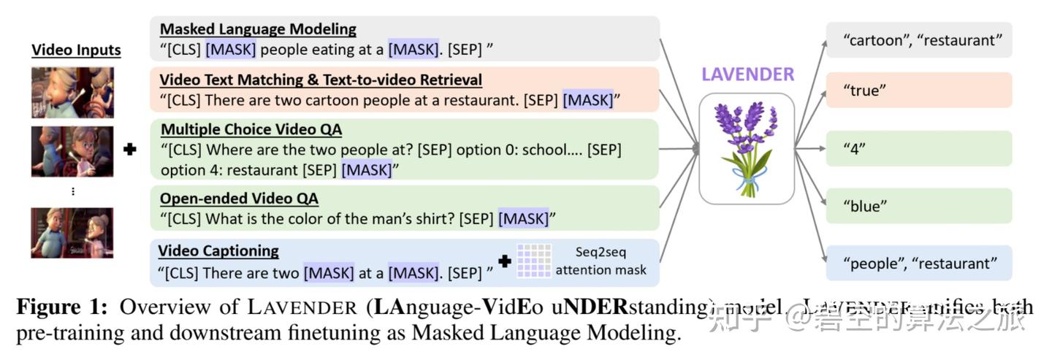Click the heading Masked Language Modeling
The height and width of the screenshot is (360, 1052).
click(258, 29)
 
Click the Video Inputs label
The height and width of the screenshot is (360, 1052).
click(76, 50)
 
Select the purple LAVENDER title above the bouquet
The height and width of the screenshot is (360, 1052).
click(747, 74)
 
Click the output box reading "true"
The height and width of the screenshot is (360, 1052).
click(918, 91)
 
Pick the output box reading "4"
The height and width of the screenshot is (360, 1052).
click(918, 148)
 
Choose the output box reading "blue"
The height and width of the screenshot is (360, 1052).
click(918, 206)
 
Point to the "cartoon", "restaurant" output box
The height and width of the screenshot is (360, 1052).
click(918, 40)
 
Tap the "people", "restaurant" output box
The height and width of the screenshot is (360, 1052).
click(918, 264)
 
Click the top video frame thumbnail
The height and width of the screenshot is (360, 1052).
click(72, 93)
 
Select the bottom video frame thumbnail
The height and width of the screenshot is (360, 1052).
click(72, 233)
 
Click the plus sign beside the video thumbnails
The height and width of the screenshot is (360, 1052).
click(131, 150)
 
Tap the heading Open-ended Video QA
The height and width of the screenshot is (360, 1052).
click(239, 199)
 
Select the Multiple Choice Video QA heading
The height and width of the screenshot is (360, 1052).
click(251, 130)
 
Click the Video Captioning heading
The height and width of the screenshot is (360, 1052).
click(218, 250)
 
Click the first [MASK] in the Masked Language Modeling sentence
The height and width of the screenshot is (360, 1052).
click(231, 50)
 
